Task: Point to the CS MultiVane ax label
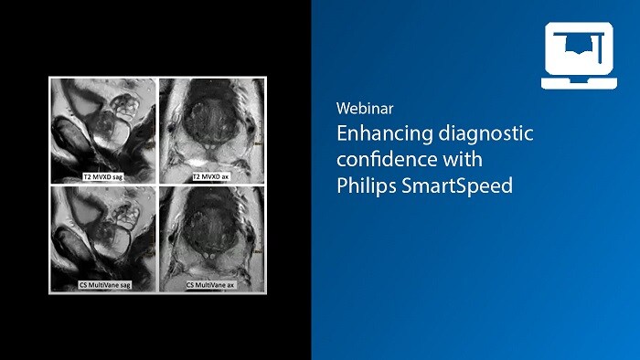[211, 285]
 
